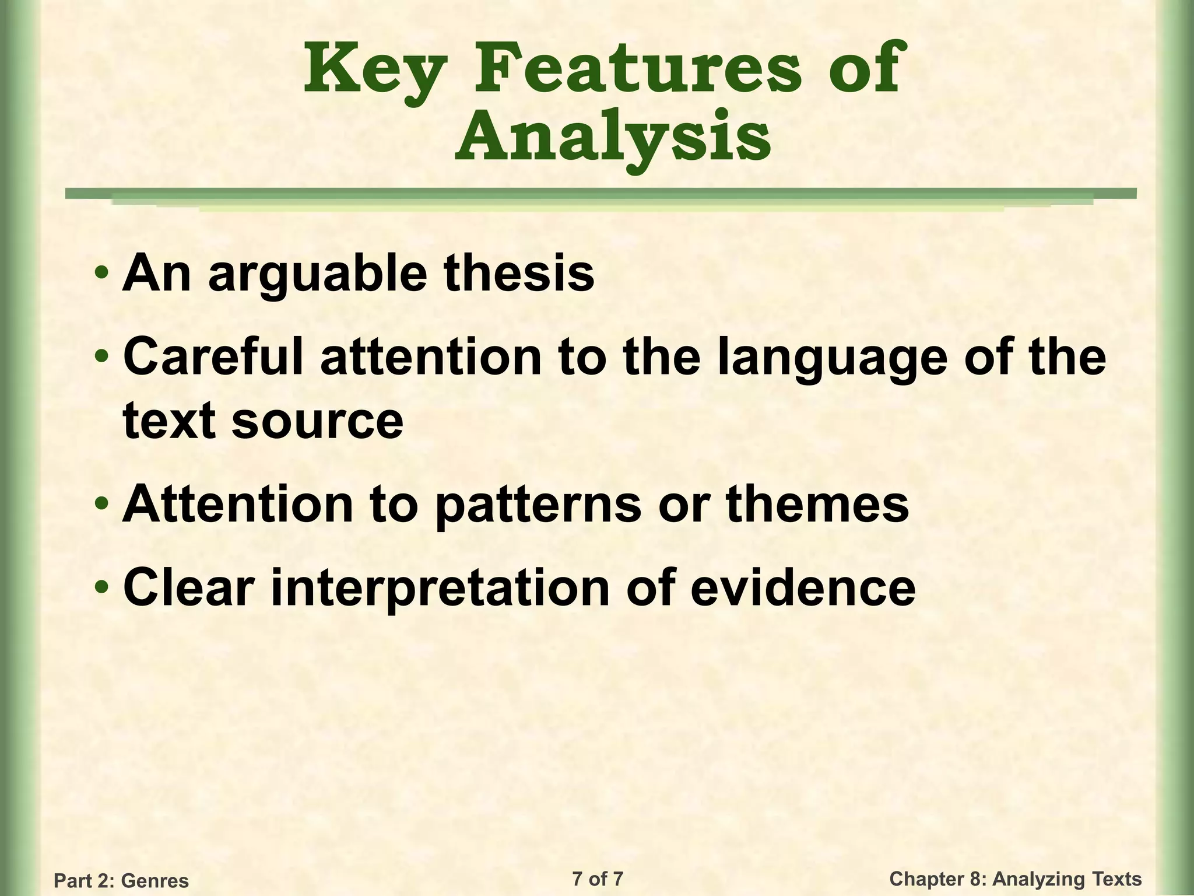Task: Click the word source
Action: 317,421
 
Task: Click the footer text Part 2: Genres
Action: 121,880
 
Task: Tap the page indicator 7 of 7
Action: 598,878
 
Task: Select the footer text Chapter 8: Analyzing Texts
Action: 1015,878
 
